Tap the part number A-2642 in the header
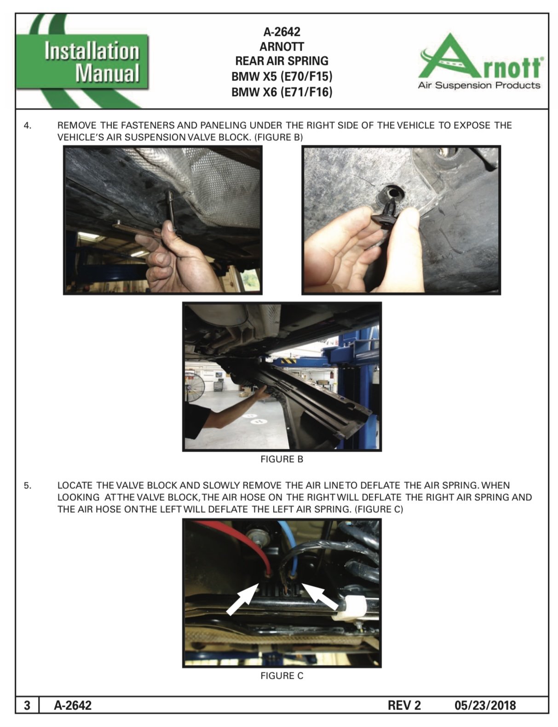(282, 32)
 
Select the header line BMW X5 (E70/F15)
(282, 76)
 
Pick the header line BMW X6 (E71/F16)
(282, 92)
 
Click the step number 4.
(28, 126)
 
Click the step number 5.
(28, 486)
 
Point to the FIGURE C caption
(282, 676)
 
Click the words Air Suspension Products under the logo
(479, 86)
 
